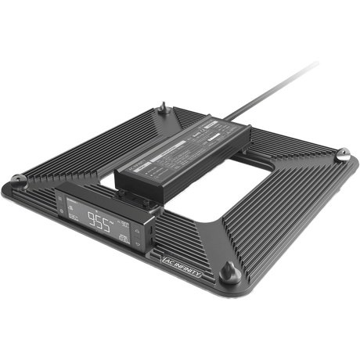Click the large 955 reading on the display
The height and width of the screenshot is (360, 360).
click(99, 221)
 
